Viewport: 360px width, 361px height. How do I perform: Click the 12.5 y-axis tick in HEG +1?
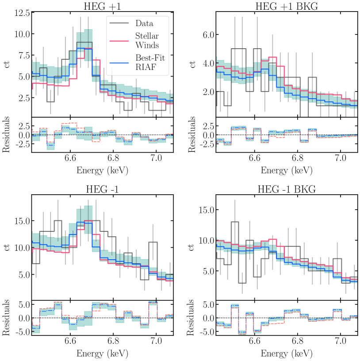[x=22, y=13]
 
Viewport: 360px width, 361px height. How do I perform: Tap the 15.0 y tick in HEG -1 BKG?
[x=207, y=210]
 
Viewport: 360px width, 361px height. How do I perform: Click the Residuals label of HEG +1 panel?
[x=6, y=134]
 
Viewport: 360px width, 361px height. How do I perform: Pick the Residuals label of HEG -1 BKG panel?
[x=191, y=318]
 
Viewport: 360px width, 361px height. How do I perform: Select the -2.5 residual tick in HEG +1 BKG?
[x=207, y=144]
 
